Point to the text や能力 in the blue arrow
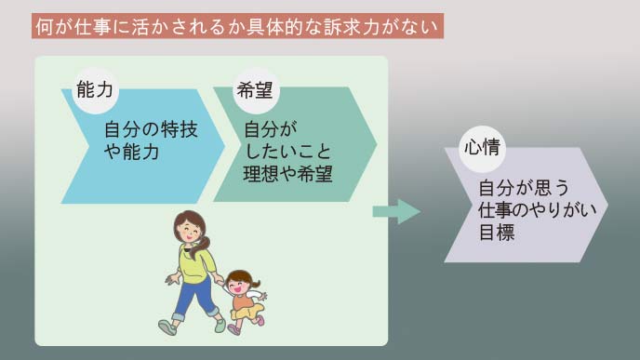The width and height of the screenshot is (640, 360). click(131, 151)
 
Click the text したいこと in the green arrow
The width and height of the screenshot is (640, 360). click(285, 150)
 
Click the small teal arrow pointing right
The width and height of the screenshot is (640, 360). click(396, 211)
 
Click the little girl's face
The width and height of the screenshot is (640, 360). click(239, 283)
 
